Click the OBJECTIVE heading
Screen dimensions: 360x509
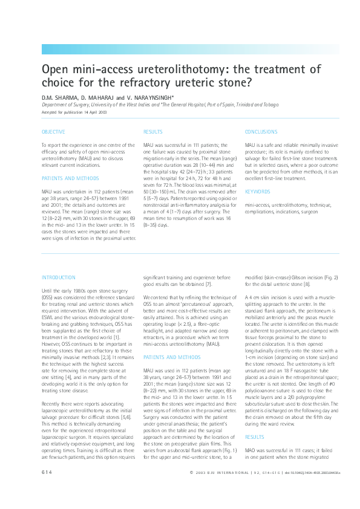53,131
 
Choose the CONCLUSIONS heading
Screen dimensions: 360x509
261,131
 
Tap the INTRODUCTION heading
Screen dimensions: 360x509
58,277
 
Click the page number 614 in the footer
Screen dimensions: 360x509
47,488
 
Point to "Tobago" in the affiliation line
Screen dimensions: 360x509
270,105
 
